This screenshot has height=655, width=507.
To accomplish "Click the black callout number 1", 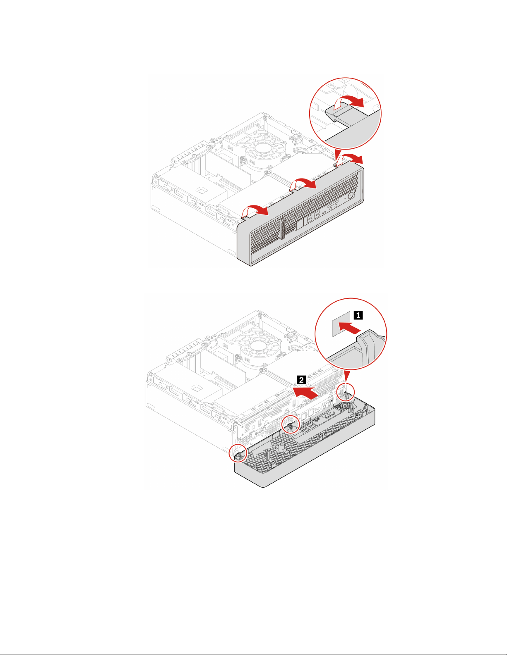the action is pos(358,315).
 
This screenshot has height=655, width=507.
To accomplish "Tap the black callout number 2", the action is pos(302,379).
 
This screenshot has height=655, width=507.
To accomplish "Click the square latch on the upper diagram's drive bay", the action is pos(202,191).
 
